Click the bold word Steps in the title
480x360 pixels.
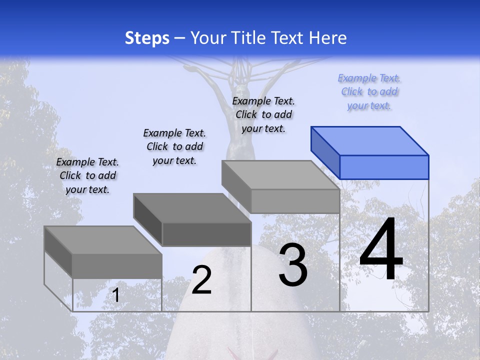tap(147, 38)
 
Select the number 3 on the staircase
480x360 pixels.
tap(293, 265)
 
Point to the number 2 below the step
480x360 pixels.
tap(201, 280)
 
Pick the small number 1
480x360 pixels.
tap(116, 295)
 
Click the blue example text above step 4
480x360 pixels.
tap(369, 92)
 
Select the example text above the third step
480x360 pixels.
tap(263, 114)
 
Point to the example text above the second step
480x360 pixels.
tap(174, 146)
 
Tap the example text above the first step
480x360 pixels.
tap(87, 175)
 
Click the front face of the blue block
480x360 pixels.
tap(384, 167)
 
